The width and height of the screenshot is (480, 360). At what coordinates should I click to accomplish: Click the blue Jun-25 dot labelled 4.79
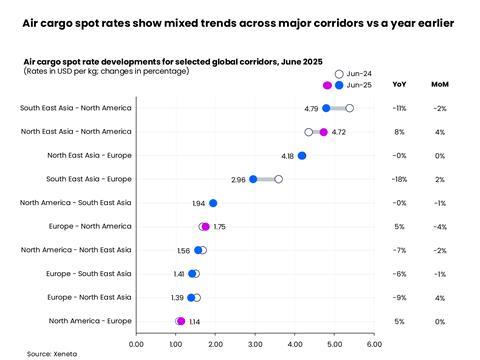pyautogui.click(x=326, y=108)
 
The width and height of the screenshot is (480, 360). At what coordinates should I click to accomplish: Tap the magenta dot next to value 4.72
pyautogui.click(x=323, y=132)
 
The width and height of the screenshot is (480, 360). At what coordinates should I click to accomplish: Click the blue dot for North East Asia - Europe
pyautogui.click(x=302, y=156)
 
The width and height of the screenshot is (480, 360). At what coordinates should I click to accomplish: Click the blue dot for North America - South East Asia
pyautogui.click(x=213, y=203)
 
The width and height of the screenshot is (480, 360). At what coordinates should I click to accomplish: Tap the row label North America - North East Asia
pyautogui.click(x=76, y=250)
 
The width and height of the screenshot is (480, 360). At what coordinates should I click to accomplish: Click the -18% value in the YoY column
pyautogui.click(x=400, y=179)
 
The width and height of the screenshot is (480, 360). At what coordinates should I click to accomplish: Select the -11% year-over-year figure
pyautogui.click(x=400, y=108)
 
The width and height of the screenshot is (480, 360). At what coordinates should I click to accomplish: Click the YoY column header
pyautogui.click(x=400, y=85)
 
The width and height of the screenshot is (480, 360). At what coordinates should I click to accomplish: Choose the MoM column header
pyautogui.click(x=439, y=85)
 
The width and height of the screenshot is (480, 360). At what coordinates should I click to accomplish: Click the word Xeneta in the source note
pyautogui.click(x=67, y=354)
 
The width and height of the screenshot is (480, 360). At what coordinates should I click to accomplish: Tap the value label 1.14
pyautogui.click(x=196, y=322)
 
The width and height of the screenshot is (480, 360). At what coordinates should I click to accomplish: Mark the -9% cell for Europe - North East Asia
pyautogui.click(x=400, y=297)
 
